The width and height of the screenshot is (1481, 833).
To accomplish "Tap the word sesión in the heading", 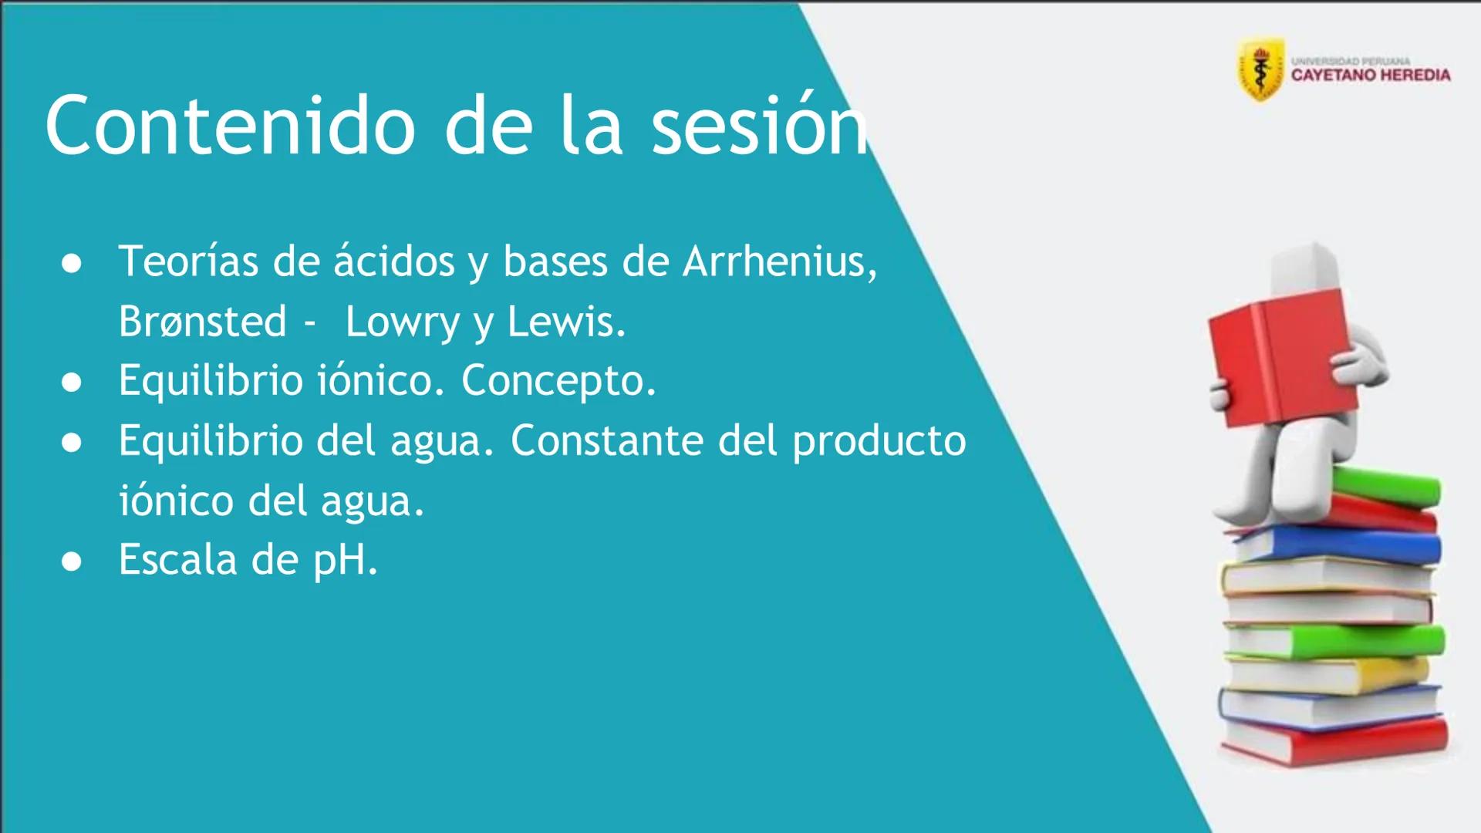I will [x=761, y=126].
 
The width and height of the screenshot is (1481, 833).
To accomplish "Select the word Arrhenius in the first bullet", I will [x=779, y=261].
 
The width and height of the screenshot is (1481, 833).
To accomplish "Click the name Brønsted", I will [x=202, y=322].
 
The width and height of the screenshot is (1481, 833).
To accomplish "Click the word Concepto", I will [x=558, y=380].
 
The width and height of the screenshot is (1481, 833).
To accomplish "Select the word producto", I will [x=879, y=442].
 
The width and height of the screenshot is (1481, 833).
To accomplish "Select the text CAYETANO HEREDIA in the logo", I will [x=1371, y=76].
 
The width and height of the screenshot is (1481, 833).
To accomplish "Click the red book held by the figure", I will [x=1273, y=363].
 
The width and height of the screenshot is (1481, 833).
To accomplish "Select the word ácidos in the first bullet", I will [x=394, y=261].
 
